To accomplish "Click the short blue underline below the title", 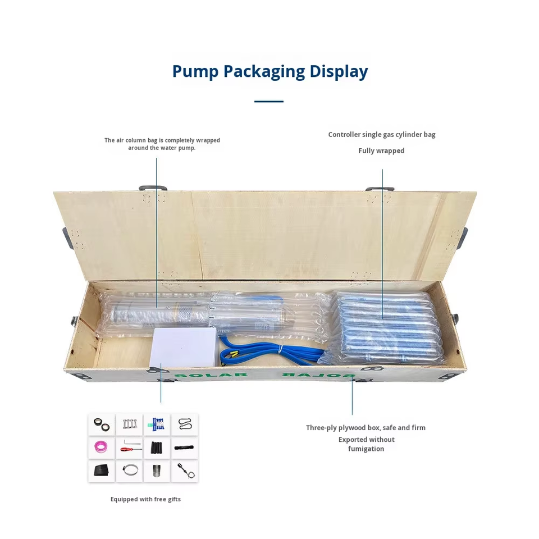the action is (268, 102).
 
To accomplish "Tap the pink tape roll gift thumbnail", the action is (102, 448).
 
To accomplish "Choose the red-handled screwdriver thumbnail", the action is (129, 448).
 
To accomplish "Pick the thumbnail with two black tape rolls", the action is (157, 448).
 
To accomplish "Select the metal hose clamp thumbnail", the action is (129, 471).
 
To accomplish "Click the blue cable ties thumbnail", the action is (157, 424).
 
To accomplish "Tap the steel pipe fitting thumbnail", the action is (157, 471).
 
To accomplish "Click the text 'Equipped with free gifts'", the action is (145, 499).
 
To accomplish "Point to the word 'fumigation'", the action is (366, 449).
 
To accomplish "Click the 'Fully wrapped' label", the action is (381, 150).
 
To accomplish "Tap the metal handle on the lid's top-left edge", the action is (153, 188).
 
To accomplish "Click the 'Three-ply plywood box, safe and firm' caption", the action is (366, 428).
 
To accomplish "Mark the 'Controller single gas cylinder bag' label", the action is (382, 135).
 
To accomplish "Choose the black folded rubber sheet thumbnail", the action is (102, 471).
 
